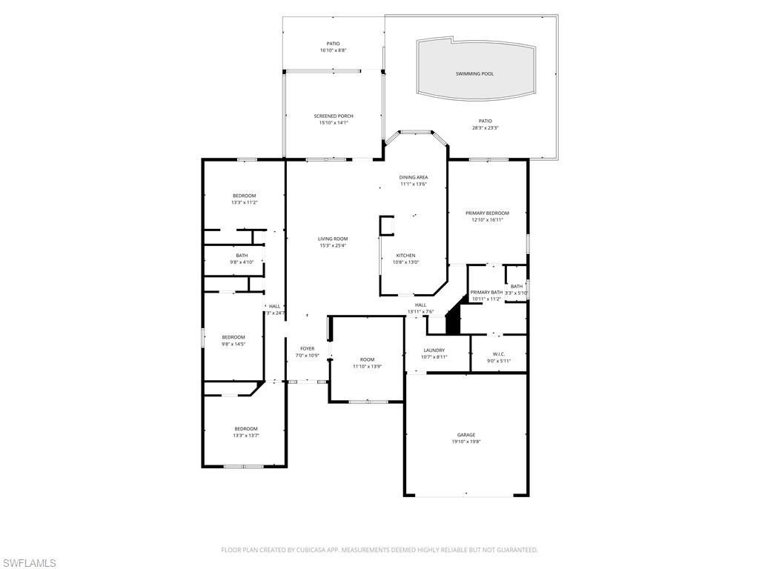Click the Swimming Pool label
click(474, 74)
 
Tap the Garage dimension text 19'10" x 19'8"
click(466, 442)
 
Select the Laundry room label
click(434, 350)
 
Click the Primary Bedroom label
click(487, 213)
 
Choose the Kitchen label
click(405, 256)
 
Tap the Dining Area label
click(414, 178)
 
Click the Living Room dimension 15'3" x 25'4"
click(333, 245)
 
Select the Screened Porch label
click(334, 116)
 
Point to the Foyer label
click(307, 348)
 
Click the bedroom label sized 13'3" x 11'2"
click(244, 196)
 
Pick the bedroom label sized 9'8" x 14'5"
click(233, 337)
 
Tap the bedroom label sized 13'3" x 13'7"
click(246, 429)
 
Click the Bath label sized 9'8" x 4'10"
click(242, 256)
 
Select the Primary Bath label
click(486, 293)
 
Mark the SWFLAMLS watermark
click(29, 563)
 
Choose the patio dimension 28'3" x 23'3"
click(485, 127)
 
